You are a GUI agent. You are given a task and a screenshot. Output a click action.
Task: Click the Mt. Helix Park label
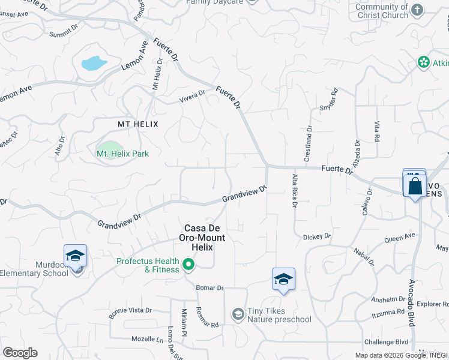click(x=122, y=154)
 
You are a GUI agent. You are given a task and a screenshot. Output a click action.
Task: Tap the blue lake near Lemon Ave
click(x=94, y=62)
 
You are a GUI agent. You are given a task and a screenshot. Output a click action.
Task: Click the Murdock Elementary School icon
click(x=76, y=256)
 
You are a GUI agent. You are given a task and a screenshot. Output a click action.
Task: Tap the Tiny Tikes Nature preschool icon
click(x=238, y=314)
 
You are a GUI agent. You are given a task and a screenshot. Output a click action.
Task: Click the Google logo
click(x=20, y=352)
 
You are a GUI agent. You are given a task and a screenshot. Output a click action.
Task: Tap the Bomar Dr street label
click(x=210, y=288)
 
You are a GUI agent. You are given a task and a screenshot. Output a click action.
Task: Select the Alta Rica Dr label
click(x=295, y=191)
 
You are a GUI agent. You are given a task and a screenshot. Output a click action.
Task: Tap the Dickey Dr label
click(x=317, y=236)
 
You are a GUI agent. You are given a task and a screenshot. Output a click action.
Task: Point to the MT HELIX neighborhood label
click(x=137, y=124)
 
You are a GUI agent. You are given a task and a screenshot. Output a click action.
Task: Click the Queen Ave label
click(x=399, y=237)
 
